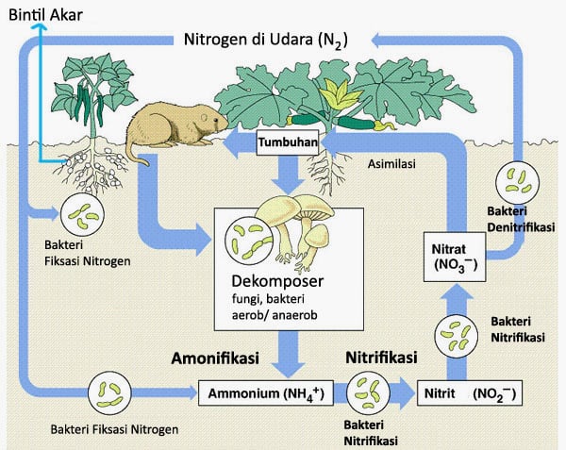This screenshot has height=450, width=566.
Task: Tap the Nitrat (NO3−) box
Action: pos(457,256)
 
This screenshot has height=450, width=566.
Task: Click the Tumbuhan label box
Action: pos(285,142)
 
